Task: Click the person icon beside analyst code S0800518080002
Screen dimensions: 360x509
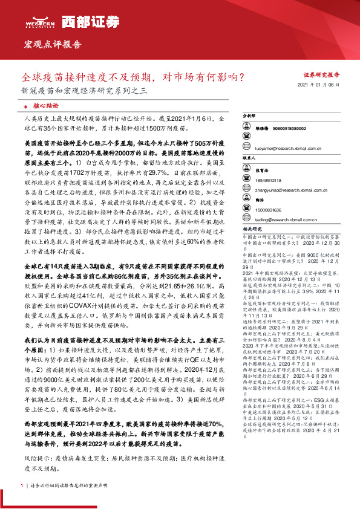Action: click(x=247, y=128)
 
